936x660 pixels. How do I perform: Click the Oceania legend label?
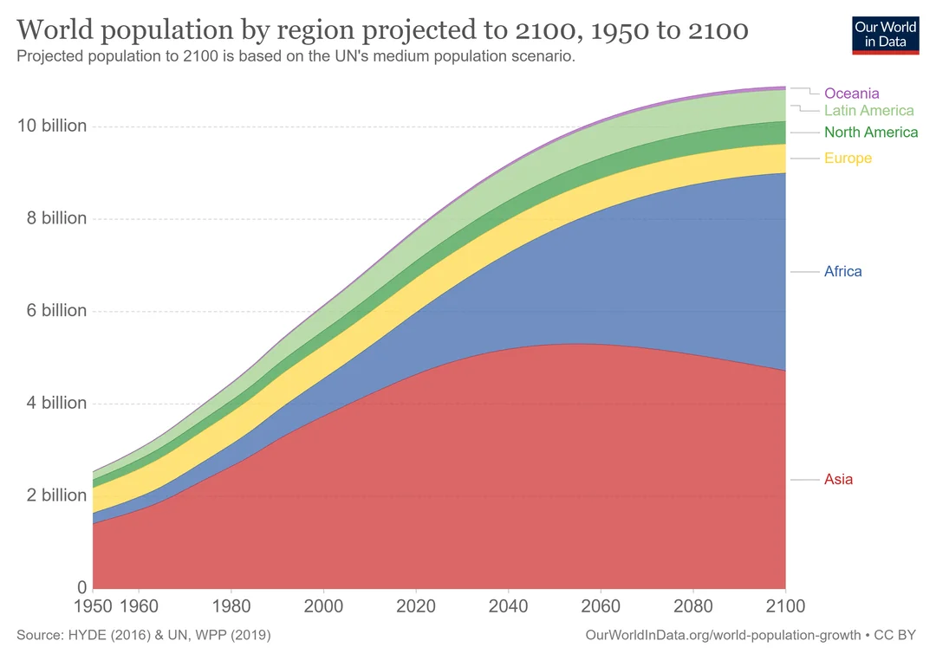tap(851, 93)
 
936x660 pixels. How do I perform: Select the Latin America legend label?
tap(868, 111)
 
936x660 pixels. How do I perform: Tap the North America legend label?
tap(870, 133)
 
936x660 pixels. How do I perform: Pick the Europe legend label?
tap(848, 159)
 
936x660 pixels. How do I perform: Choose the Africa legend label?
tap(842, 272)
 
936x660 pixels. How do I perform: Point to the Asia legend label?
tap(838, 480)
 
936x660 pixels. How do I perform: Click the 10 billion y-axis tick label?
tap(52, 126)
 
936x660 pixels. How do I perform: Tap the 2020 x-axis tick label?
tap(416, 605)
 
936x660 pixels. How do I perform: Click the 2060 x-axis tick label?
tap(601, 605)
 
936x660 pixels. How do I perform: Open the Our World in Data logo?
tap(885, 34)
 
